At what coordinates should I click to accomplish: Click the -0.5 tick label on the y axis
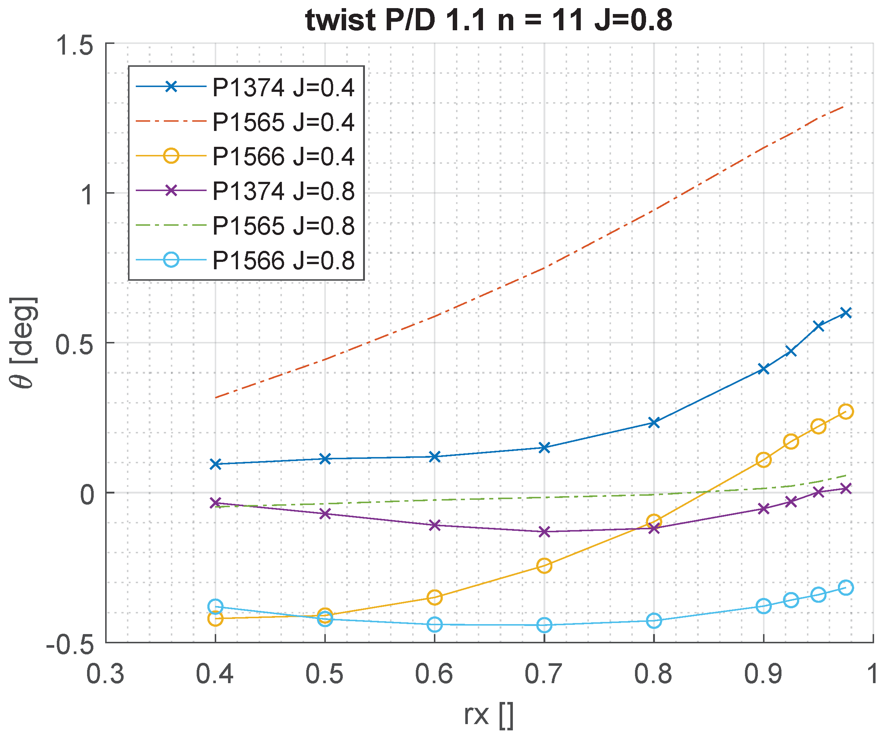(x=70, y=646)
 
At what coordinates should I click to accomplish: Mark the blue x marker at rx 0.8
(x=654, y=422)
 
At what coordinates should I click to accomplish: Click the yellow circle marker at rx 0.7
(x=544, y=565)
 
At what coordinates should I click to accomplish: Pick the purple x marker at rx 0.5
(x=325, y=513)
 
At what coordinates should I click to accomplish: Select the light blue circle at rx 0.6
(x=435, y=624)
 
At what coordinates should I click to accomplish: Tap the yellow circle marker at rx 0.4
(x=215, y=619)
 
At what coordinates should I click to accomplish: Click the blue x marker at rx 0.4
(x=215, y=464)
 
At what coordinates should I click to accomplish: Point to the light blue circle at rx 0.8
(x=654, y=621)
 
